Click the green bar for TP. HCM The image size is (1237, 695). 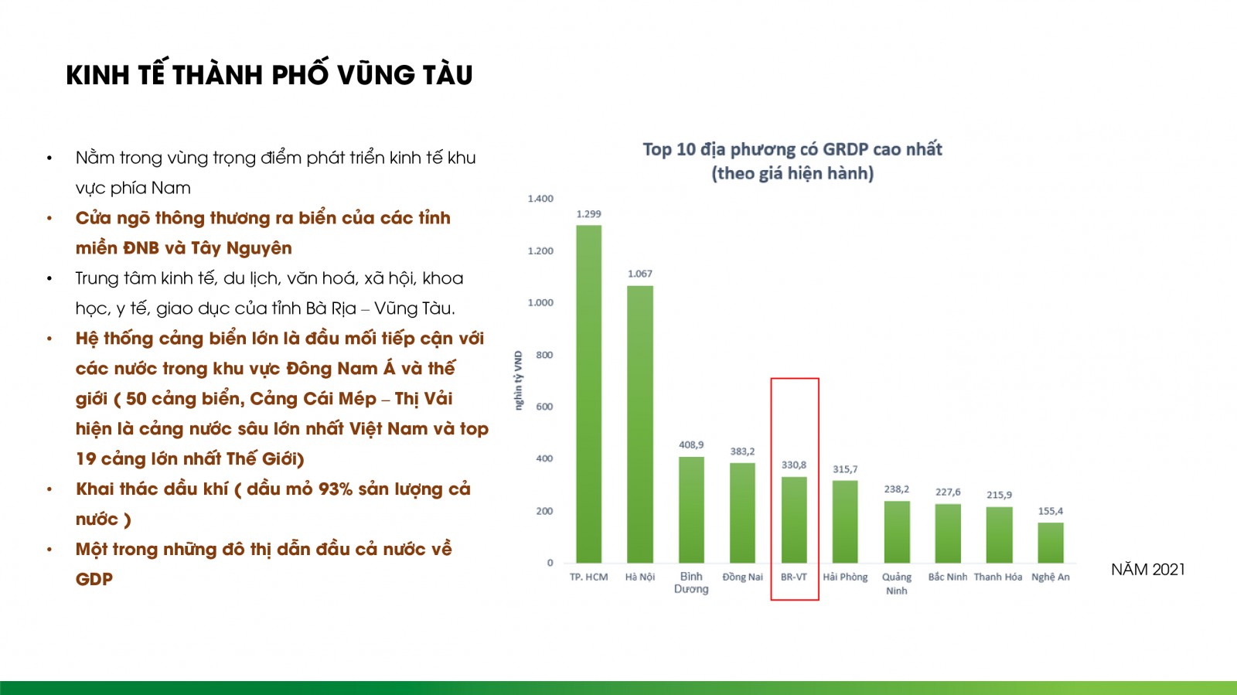click(588, 394)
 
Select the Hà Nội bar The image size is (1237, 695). click(640, 424)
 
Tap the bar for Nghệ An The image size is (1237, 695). click(1051, 543)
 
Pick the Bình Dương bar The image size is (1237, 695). click(691, 510)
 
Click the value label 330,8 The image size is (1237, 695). click(793, 465)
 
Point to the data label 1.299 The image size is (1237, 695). click(588, 214)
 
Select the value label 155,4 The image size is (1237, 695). click(1051, 511)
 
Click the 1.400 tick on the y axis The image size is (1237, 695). click(540, 199)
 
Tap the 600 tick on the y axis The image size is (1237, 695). click(544, 407)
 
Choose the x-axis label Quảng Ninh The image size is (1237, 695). click(896, 584)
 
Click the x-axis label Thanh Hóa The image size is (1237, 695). click(998, 577)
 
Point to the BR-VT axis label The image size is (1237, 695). click(793, 577)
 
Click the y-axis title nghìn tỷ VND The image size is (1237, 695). click(518, 380)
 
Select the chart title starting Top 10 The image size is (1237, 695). click(792, 162)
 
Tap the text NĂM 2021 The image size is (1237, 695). click(1148, 569)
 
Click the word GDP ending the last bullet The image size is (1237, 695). click(94, 579)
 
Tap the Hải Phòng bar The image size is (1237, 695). click(845, 522)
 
